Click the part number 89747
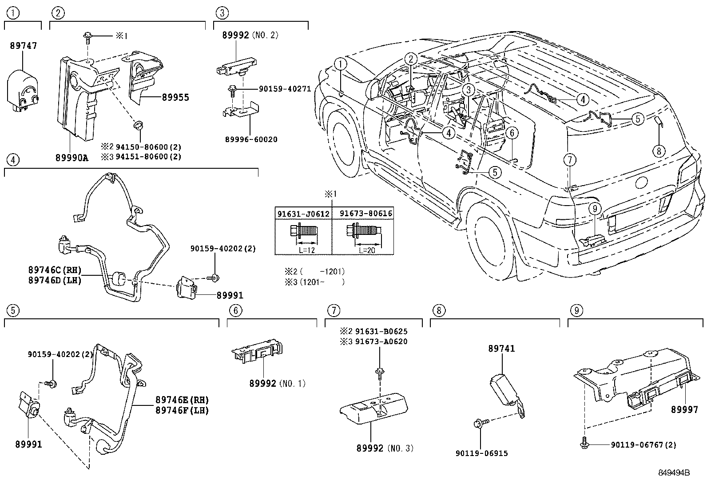pos(23,45)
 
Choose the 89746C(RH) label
pos(55,270)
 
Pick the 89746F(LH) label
pos(182,410)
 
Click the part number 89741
pos(501,349)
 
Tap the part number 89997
pos(684,410)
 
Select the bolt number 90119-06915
pos(481,453)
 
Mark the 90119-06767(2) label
pos(643,444)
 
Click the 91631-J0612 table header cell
pos(303,214)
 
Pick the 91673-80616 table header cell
pos(366,214)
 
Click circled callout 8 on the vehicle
pos(659,151)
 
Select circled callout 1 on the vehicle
pos(340,64)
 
